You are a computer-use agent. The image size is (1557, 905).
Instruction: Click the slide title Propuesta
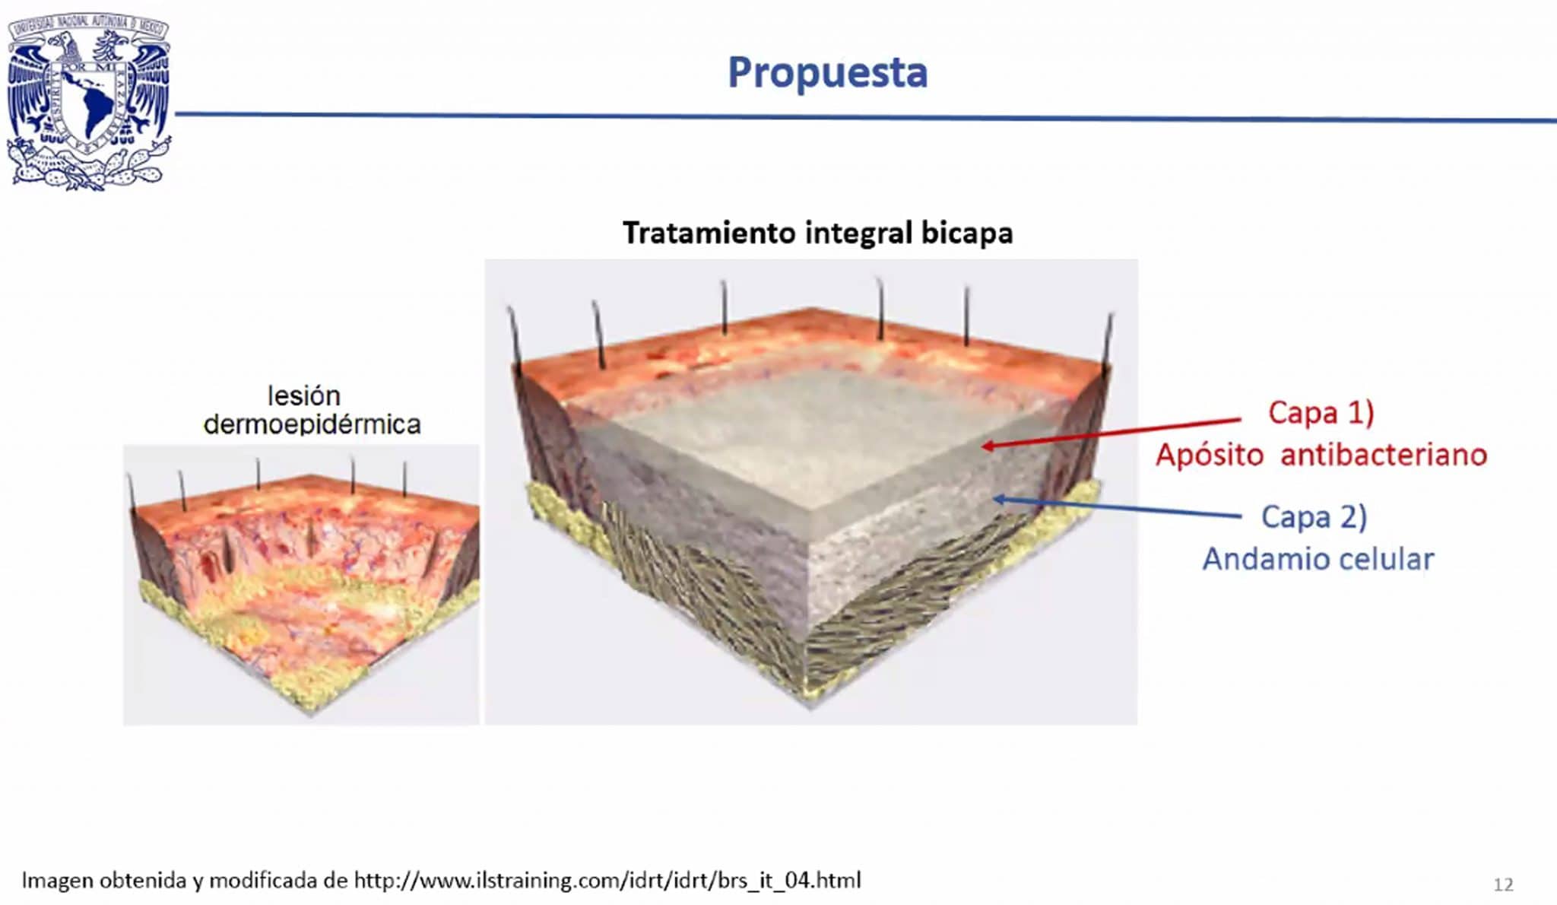click(x=827, y=73)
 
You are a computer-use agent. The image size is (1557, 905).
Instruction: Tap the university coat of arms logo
click(x=88, y=101)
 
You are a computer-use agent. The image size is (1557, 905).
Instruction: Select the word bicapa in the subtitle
click(x=967, y=233)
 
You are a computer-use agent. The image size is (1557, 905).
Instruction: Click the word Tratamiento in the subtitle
click(x=709, y=232)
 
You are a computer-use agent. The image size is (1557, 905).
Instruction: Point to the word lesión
click(x=303, y=395)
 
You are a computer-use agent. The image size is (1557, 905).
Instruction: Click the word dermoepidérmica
click(x=312, y=424)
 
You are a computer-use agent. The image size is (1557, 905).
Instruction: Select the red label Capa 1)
click(x=1321, y=413)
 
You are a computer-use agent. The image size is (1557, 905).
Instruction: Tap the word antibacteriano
click(x=1384, y=455)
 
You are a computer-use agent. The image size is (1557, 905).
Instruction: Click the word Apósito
click(x=1210, y=455)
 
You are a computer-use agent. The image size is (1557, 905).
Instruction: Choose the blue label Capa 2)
click(x=1314, y=517)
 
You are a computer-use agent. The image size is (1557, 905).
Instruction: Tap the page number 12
click(x=1503, y=884)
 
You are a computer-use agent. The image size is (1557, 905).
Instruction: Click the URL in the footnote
click(x=607, y=881)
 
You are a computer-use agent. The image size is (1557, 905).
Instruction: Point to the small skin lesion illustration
click(x=302, y=585)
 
